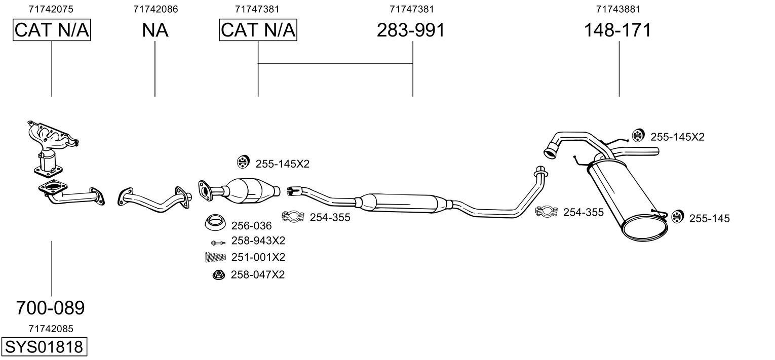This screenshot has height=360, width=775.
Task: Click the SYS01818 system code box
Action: (x=44, y=347)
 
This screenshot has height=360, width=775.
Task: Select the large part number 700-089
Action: (x=51, y=307)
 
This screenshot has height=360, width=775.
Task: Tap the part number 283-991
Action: (x=410, y=30)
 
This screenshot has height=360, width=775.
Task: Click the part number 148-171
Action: (x=617, y=30)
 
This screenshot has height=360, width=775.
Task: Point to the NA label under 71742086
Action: (x=155, y=30)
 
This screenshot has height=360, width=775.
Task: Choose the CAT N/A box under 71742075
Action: (x=52, y=30)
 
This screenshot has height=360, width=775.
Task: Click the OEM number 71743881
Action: (x=617, y=9)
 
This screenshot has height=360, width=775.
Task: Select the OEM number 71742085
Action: (x=51, y=329)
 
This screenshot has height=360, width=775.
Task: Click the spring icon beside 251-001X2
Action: (x=215, y=257)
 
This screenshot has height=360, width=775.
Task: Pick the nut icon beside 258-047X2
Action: (x=217, y=274)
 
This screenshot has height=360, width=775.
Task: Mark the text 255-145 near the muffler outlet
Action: (x=709, y=219)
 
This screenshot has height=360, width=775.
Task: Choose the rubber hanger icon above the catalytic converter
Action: (x=244, y=162)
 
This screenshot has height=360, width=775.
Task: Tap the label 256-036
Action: (x=251, y=226)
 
